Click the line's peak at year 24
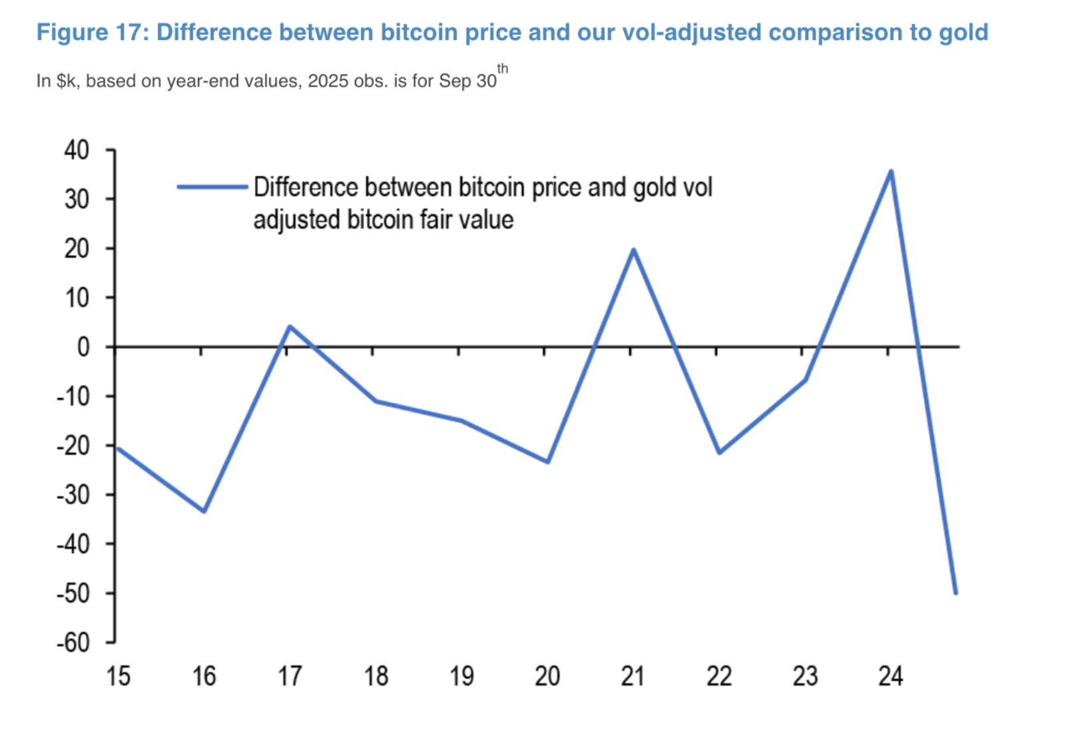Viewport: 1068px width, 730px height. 891,172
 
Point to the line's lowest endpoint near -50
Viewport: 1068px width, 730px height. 955,592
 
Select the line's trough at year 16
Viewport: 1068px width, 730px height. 204,511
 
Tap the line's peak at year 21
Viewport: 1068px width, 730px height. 633,250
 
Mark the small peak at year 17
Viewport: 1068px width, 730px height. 290,326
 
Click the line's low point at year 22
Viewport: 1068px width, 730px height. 719,452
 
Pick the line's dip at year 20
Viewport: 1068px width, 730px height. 548,462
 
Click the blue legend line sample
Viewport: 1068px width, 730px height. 212,187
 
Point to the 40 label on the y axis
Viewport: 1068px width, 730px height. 77,150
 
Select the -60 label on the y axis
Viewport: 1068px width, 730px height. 73,643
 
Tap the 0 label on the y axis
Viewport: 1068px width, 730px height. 83,347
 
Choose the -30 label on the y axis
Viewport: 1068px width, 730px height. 73,495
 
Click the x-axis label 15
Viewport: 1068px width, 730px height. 119,676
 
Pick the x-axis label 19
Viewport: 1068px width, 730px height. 461,676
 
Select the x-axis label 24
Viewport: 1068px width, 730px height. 890,676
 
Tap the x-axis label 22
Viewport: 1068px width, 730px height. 719,676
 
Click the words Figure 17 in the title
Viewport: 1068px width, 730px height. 90,32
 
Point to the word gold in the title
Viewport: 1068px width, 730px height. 963,32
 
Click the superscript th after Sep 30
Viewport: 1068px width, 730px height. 503,69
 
